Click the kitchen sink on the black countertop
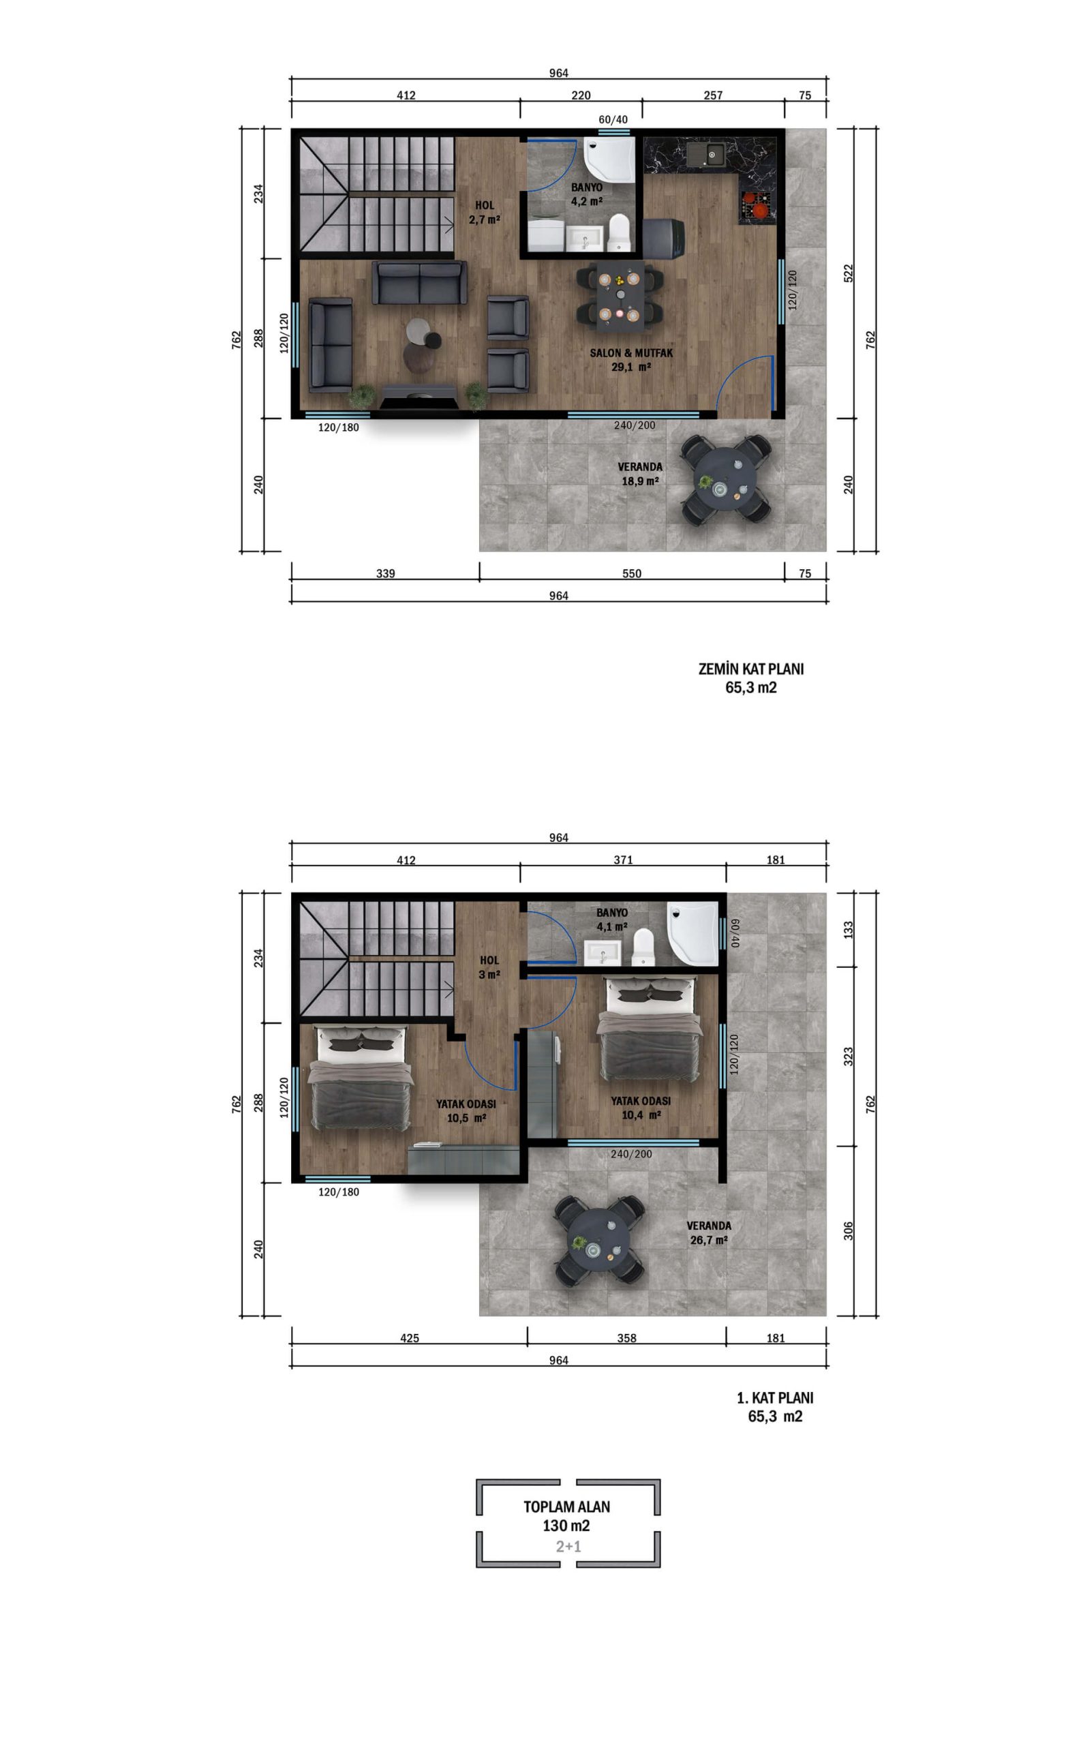705,153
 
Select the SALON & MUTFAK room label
631,353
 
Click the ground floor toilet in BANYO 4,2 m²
618,233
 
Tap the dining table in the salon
620,295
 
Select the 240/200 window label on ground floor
634,425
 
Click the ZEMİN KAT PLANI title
750,669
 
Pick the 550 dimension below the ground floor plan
631,573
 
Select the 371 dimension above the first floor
623,860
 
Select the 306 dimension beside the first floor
849,1230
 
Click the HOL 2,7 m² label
484,212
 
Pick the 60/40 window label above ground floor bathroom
613,119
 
